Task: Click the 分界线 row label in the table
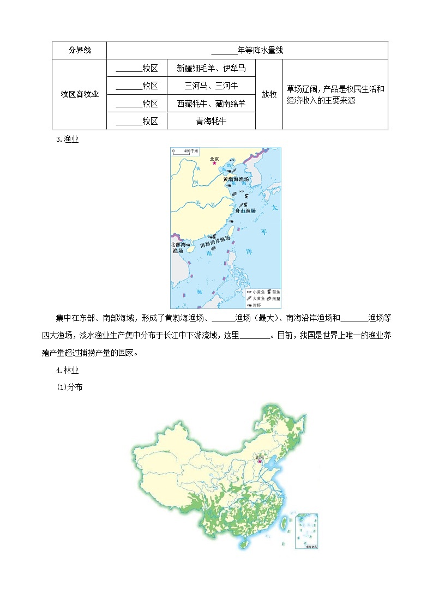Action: tap(80, 51)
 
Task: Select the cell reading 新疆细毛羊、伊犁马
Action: tap(211, 69)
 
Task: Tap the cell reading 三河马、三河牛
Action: tap(211, 86)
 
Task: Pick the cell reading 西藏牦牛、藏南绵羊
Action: tap(211, 104)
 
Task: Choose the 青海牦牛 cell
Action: tap(211, 121)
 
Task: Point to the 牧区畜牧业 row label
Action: tap(80, 94)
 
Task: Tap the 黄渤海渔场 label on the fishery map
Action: tap(236, 179)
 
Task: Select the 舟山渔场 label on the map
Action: tap(245, 210)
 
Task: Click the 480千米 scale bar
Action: tap(182, 151)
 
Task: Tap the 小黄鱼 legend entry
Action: tap(252, 292)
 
